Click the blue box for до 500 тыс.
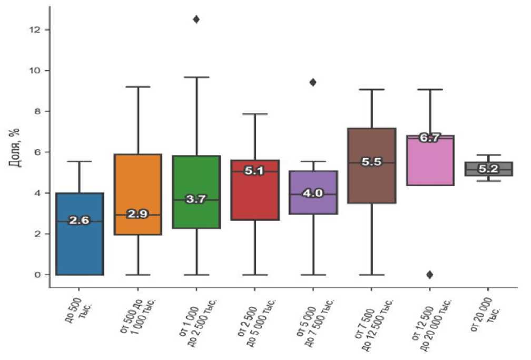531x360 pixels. click(x=80, y=248)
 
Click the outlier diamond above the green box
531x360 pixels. click(x=196, y=20)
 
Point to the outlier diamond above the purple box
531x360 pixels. click(x=313, y=82)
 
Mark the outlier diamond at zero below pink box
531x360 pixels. click(x=430, y=275)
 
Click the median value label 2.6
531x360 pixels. click(x=80, y=221)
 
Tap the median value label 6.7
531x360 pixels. click(x=430, y=138)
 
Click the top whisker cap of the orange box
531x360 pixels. click(x=138, y=86)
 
